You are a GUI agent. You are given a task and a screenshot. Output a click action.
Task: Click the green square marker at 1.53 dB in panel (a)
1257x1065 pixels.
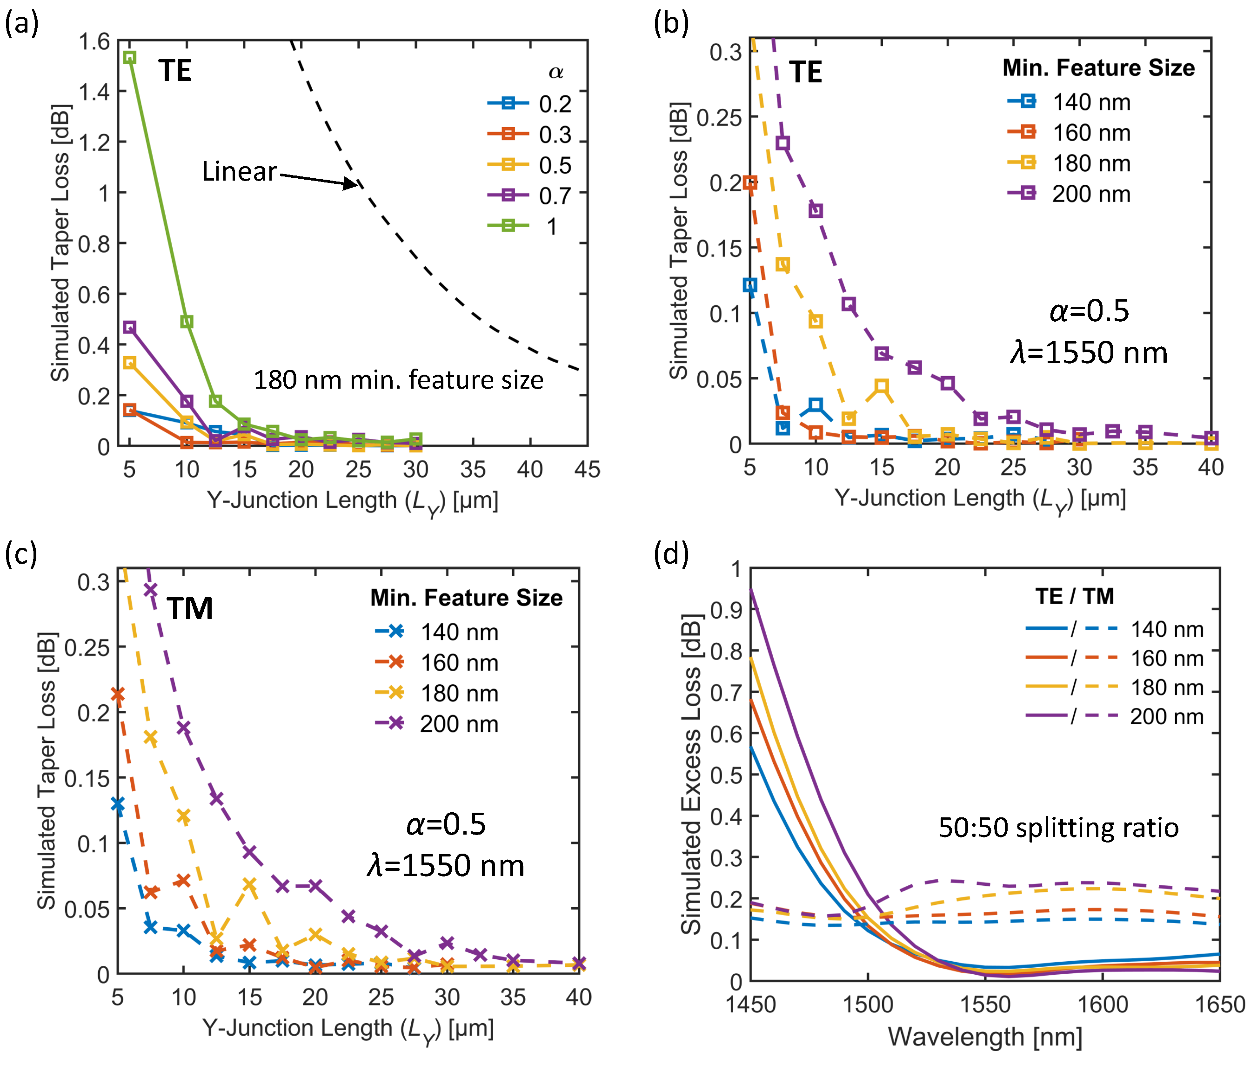pyautogui.click(x=129, y=57)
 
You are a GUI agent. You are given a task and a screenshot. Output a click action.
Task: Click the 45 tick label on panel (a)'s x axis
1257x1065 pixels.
pyautogui.click(x=587, y=469)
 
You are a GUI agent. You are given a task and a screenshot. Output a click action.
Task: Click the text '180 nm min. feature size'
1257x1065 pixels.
pyautogui.click(x=398, y=380)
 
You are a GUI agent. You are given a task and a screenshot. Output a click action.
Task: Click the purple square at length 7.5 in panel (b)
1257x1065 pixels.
pyautogui.click(x=782, y=143)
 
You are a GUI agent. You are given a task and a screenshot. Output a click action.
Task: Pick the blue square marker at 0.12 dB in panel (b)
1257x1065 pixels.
pyautogui.click(x=750, y=285)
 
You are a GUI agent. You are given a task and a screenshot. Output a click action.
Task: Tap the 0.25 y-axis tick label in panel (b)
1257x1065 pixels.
pyautogui.click(x=719, y=118)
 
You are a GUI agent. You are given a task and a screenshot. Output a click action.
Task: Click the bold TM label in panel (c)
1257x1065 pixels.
pyautogui.click(x=189, y=608)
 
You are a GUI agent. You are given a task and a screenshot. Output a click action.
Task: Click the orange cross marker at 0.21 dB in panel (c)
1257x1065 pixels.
pyautogui.click(x=118, y=695)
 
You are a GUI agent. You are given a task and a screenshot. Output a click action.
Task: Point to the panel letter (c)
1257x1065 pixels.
pyautogui.click(x=20, y=553)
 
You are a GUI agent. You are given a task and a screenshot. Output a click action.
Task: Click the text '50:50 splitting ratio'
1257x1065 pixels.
pyautogui.click(x=1058, y=828)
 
